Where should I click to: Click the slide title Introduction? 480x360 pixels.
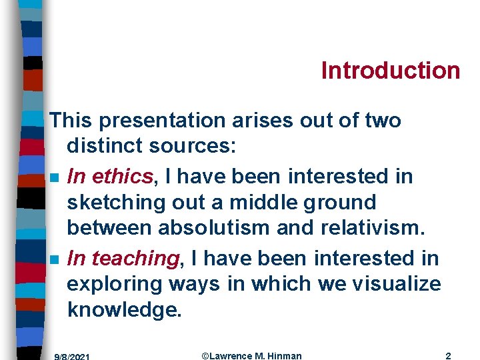391,70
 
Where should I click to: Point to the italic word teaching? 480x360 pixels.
136,257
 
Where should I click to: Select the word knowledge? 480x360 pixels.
124,311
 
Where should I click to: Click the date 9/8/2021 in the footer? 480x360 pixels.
72,356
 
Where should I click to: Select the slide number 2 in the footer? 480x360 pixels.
448,355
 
